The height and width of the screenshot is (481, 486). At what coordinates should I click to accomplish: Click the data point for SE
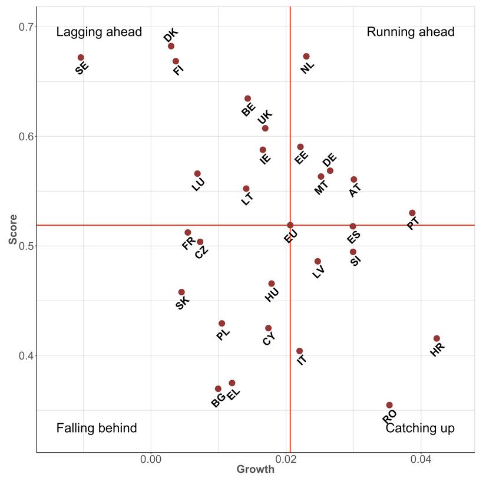tap(81, 58)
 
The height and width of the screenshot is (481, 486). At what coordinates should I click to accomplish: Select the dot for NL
tap(306, 57)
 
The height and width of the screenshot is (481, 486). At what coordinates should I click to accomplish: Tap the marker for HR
tap(437, 338)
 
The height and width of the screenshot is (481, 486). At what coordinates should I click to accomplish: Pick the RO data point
tap(389, 405)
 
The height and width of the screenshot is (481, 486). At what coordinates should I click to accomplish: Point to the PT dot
tap(412, 213)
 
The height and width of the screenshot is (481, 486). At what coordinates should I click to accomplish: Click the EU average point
tap(290, 225)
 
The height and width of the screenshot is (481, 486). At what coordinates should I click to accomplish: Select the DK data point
tap(171, 46)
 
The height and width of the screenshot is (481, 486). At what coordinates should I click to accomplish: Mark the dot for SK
tap(181, 292)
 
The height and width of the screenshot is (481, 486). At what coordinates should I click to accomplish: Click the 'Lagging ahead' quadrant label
tap(99, 32)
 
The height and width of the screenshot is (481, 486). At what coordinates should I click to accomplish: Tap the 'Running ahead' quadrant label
tap(411, 32)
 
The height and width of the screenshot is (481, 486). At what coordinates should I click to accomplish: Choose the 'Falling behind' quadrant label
tap(97, 429)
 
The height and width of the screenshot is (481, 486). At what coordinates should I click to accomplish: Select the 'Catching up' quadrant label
tap(420, 429)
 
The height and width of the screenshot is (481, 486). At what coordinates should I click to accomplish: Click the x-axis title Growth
tap(255, 470)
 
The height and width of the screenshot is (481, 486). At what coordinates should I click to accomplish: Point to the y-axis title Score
tap(12, 229)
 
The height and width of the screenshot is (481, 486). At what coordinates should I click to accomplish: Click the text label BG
tap(218, 401)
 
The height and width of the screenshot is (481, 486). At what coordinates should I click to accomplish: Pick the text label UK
tap(265, 117)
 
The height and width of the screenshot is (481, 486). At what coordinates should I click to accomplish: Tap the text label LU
tap(199, 184)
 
